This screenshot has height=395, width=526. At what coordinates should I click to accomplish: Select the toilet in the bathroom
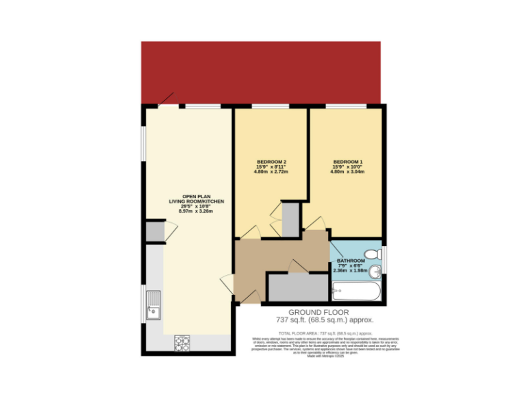pyautogui.click(x=372, y=254)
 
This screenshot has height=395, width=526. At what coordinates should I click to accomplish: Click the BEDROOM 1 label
pyautogui.click(x=347, y=162)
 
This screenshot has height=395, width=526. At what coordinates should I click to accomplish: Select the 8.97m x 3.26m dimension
pyautogui.click(x=197, y=211)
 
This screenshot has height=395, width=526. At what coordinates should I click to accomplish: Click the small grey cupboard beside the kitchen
pyautogui.click(x=155, y=232)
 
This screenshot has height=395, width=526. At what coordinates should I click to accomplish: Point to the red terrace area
pyautogui.click(x=260, y=71)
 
